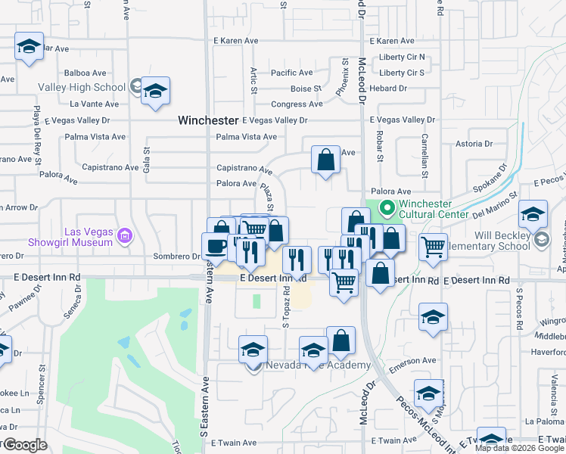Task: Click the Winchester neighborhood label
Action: pos(208,120)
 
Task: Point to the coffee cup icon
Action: pos(216,246)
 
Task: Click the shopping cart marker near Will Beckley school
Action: pos(432,247)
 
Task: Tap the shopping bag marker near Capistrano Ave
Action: pos(325,160)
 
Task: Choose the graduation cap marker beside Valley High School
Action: pos(156,92)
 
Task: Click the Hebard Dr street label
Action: pos(388,89)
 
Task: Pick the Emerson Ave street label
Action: pos(414,361)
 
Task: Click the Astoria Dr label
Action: pos(474,143)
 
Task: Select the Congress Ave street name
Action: pos(291,104)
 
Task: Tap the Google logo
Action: pos(25,446)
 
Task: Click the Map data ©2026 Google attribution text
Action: pos(519,448)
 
